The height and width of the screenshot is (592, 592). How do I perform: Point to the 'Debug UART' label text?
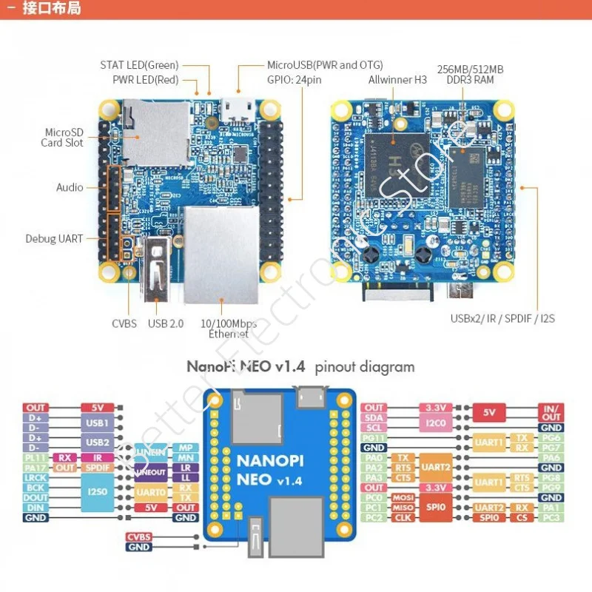(x=54, y=239)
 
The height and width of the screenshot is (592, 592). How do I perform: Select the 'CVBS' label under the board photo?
(x=124, y=323)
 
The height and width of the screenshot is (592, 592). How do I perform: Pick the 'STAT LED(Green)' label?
(x=139, y=65)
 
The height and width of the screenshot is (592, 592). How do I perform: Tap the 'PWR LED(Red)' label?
(x=145, y=79)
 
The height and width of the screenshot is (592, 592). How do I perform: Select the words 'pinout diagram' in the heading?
(x=365, y=366)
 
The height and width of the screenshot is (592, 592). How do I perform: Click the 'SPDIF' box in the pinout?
(x=98, y=468)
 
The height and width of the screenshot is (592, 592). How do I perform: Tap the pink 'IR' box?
(x=98, y=457)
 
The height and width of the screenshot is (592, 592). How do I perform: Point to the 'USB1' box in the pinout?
(x=98, y=423)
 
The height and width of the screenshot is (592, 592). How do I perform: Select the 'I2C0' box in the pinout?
(x=437, y=423)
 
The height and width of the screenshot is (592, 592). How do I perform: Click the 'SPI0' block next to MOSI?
(x=437, y=507)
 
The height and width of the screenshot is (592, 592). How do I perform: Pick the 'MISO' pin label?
(x=403, y=508)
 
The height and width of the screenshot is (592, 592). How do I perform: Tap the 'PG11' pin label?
(x=374, y=438)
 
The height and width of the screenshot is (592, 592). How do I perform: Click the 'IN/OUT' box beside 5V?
(x=552, y=412)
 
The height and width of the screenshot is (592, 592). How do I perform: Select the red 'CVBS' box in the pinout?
(x=138, y=536)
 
